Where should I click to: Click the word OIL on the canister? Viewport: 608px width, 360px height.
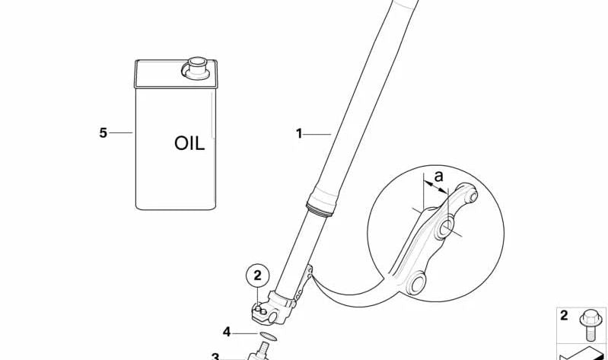(189, 144)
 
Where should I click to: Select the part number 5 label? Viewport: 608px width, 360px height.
(103, 132)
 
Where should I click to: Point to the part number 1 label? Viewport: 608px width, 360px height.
(299, 134)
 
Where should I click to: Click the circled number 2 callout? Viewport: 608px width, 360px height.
(257, 276)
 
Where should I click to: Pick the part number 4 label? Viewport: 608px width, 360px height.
(227, 332)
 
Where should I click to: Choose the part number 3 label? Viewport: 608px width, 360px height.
(215, 356)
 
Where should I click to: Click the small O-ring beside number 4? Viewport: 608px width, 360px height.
(268, 336)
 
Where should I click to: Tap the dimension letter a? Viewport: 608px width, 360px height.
(438, 176)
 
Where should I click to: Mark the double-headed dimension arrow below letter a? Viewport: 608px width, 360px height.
(435, 186)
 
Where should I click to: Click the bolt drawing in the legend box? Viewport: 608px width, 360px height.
(590, 325)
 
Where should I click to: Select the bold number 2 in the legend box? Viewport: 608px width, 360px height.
(564, 315)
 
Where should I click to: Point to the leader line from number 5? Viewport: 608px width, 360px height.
(120, 132)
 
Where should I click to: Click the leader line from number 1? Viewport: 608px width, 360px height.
(317, 134)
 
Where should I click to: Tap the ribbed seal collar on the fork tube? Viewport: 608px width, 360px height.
(320, 209)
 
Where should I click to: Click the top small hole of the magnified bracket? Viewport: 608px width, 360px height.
(473, 196)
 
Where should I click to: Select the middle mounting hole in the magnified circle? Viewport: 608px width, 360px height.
(447, 228)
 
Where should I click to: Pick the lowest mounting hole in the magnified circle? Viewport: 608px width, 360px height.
(415, 284)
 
